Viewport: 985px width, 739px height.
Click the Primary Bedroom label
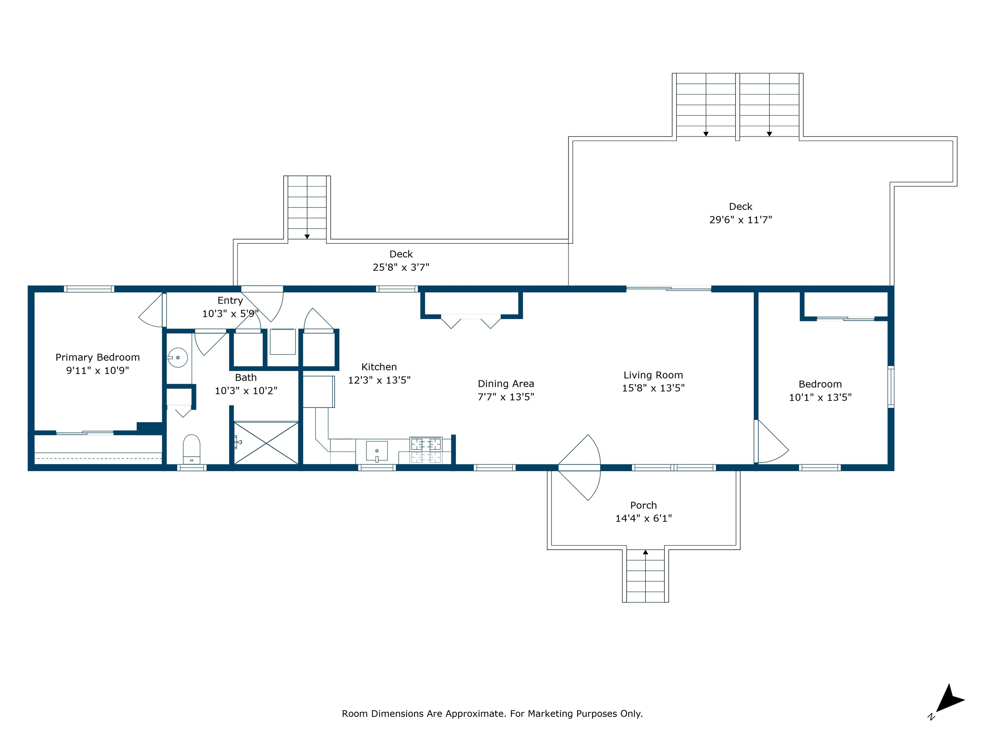coord(97,357)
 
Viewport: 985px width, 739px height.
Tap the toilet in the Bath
coord(191,449)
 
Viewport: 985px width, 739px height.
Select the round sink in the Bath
coord(177,357)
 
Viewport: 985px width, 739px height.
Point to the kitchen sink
coord(377,451)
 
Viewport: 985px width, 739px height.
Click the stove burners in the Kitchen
coord(426,450)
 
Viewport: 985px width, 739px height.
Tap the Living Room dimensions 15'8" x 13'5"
coord(653,388)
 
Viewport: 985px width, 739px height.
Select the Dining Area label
coord(506,384)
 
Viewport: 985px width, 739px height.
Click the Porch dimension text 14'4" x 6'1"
coord(644,518)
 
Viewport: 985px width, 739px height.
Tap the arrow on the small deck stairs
coord(307,236)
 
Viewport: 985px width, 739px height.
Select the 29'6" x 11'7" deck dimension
coord(741,220)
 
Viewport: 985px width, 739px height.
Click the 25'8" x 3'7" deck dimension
coord(401,267)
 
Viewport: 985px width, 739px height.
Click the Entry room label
coord(230,301)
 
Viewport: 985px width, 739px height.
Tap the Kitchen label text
coord(379,367)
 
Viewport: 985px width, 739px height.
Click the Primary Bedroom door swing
coord(151,310)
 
